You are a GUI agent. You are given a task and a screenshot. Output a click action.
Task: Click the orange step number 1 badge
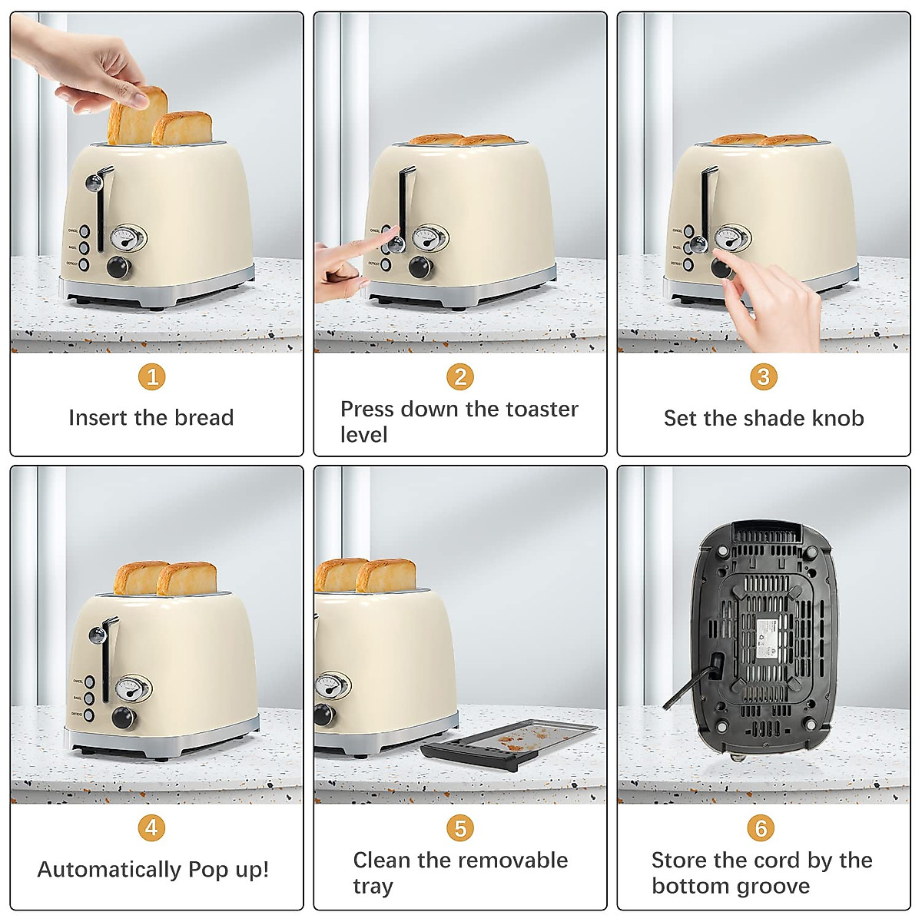tap(152, 376)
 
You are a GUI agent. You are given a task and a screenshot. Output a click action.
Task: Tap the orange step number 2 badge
tap(460, 376)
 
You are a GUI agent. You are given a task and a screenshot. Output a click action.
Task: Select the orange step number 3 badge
tap(763, 376)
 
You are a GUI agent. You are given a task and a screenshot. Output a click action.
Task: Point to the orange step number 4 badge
tap(151, 827)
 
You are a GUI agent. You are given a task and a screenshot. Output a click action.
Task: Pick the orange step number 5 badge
tap(459, 828)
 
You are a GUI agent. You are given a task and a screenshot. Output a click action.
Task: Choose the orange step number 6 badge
tap(761, 827)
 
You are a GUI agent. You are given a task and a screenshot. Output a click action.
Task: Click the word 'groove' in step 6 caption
tap(772, 886)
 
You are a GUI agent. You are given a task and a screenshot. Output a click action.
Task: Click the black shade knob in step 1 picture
tap(118, 267)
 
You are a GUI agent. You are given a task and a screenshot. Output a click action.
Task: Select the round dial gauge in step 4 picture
tap(132, 688)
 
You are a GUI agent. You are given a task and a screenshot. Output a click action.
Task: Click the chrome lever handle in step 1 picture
tap(95, 183)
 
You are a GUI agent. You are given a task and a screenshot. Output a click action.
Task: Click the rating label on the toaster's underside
tap(766, 637)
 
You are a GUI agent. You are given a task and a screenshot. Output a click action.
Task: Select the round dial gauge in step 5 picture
tap(332, 685)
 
